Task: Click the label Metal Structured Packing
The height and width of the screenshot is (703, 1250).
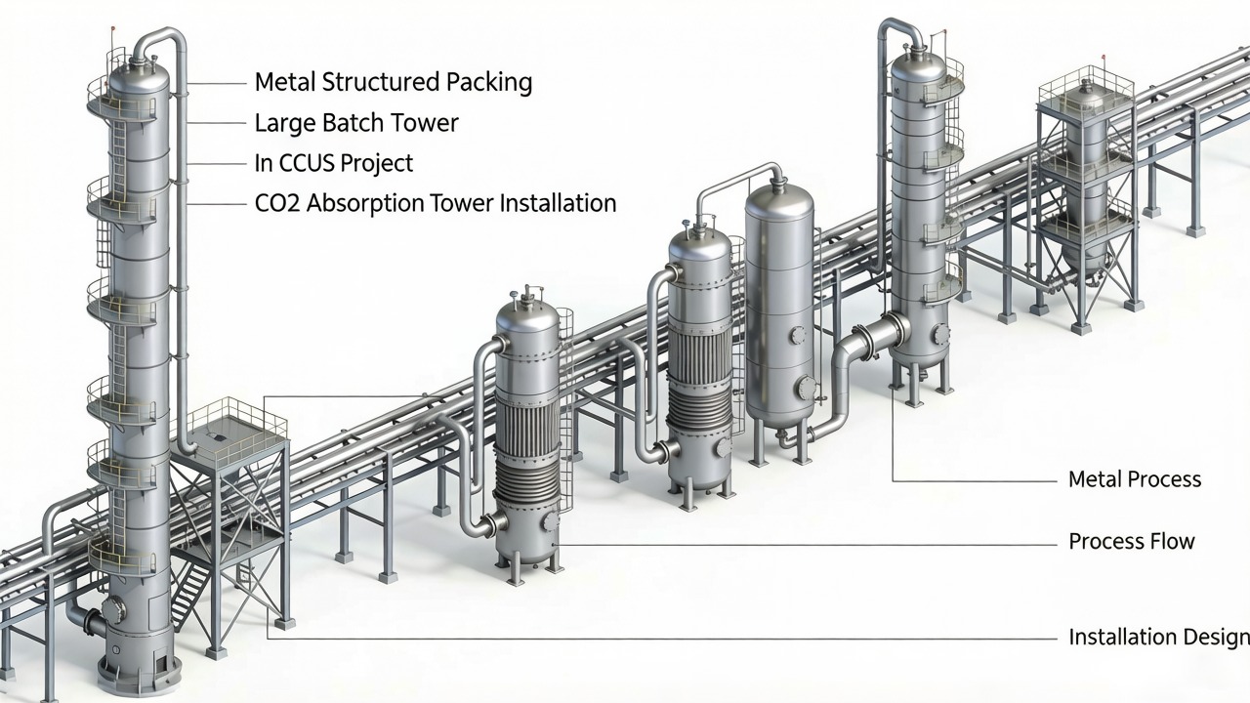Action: pos(393,82)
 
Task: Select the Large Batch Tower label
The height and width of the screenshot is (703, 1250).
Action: pos(355,123)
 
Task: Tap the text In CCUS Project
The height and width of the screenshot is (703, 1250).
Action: pos(333,163)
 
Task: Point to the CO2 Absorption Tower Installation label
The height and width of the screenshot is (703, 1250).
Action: pos(435,203)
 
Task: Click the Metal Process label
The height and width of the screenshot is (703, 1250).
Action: pos(1134,479)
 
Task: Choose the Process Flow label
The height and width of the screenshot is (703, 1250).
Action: pos(1131,541)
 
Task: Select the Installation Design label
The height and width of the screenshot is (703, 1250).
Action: pos(1158,638)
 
